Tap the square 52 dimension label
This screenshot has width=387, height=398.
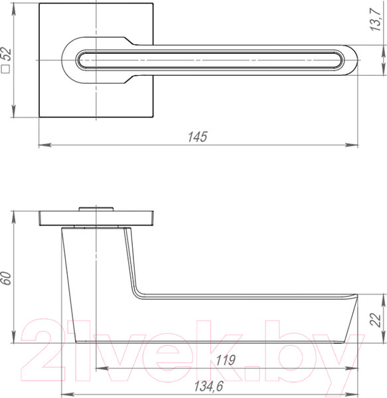tap(7, 60)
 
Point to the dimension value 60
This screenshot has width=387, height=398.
tap(7, 278)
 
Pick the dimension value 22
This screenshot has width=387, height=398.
tap(375, 320)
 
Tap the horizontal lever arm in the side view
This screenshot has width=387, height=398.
tap(252, 315)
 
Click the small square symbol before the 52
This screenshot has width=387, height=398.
tap(7, 68)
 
